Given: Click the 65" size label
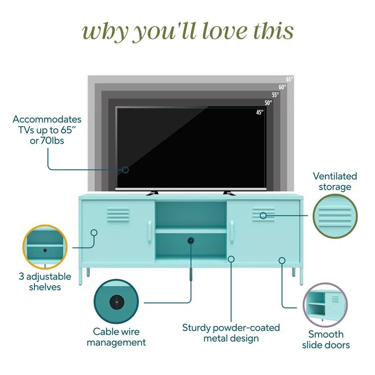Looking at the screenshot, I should (290, 79).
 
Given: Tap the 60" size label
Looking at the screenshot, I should (283, 87).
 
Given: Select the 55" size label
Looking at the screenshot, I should (276, 95).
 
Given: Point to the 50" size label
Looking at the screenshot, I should (268, 103).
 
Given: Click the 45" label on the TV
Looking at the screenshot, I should (260, 112).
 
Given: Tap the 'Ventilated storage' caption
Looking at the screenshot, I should (335, 181).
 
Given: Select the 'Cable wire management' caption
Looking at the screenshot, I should (117, 337).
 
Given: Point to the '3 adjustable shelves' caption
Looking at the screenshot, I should (45, 282).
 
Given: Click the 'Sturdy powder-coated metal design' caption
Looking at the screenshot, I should (231, 333).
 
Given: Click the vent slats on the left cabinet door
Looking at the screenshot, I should (118, 215).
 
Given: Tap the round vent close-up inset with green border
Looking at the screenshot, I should (335, 216).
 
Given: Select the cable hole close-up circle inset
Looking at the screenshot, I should (116, 301).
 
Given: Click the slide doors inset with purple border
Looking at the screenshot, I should (325, 304).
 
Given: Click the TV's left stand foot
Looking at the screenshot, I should (152, 193).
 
